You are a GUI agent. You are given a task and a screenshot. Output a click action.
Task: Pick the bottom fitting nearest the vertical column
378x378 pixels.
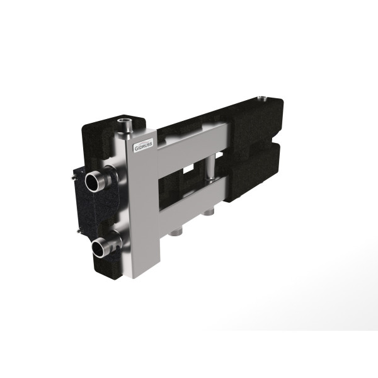(x=175, y=232)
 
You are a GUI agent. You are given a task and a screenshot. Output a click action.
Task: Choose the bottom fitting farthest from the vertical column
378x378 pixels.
(x=209, y=212)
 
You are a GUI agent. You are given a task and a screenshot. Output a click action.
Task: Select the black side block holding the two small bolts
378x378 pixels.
(x=88, y=202)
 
